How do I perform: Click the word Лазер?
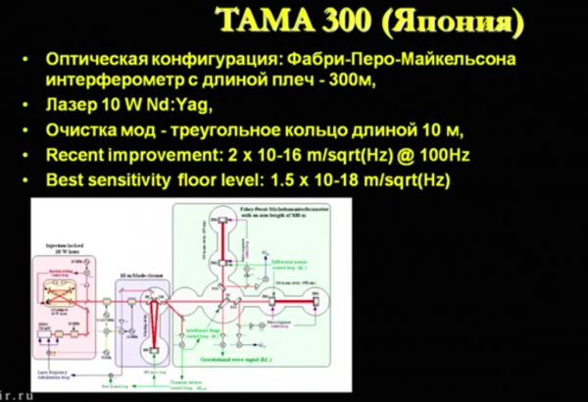(x=73, y=106)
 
